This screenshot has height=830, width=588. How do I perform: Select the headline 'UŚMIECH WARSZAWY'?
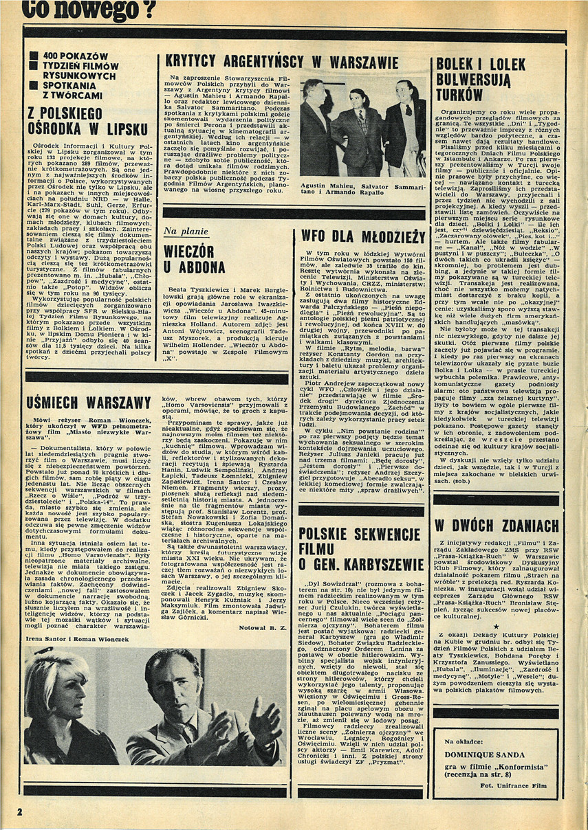[88, 402]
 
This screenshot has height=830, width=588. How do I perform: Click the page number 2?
[20, 811]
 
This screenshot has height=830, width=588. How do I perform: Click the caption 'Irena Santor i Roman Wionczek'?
[72, 638]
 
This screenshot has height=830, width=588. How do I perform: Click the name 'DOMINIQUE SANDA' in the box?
[490, 753]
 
